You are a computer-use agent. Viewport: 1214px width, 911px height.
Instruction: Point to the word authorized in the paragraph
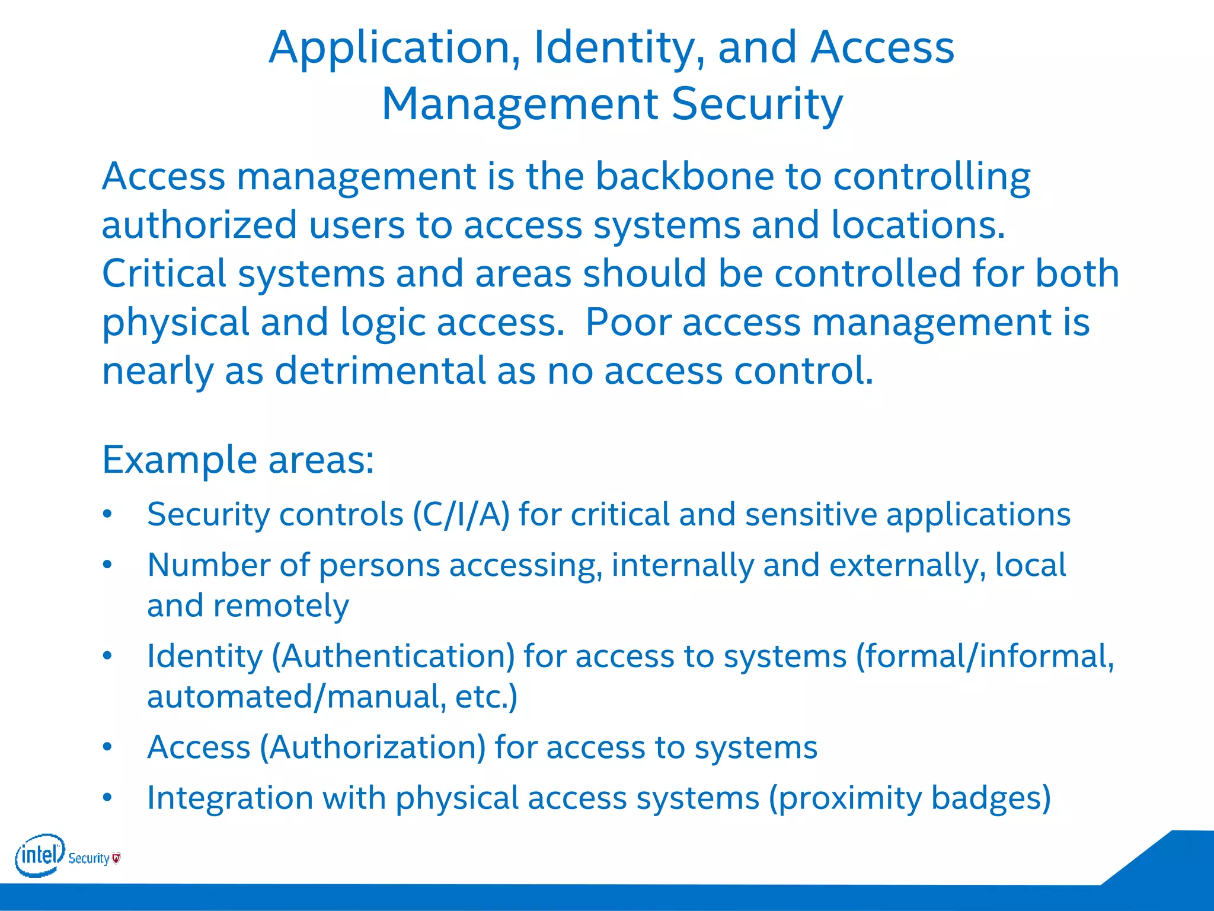pos(199,225)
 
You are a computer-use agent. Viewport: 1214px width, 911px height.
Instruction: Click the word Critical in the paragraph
pos(164,274)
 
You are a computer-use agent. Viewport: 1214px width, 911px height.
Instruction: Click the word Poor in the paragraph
pos(627,323)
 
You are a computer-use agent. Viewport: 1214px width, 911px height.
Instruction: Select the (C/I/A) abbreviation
pos(461,514)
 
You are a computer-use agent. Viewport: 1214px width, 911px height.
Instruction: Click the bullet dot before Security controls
pos(107,514)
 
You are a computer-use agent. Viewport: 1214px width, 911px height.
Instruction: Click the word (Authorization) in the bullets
pos(373,747)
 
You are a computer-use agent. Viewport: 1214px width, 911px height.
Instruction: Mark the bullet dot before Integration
pos(107,798)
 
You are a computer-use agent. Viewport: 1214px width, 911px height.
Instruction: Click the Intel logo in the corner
pos(39,855)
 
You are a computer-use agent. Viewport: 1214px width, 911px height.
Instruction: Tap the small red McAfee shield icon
pos(116,858)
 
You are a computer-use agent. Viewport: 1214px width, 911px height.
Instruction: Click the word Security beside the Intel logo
pos(89,858)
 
